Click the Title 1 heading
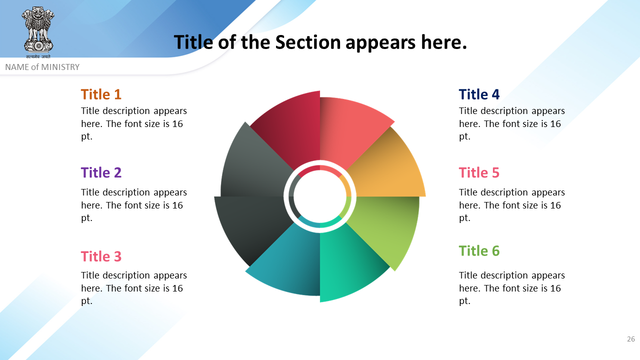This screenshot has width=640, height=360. pos(101,94)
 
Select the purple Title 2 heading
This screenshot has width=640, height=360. pos(101,172)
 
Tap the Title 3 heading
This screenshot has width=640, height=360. pos(101,256)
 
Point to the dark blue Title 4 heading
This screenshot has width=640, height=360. pos(479,94)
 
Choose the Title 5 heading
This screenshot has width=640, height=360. pos(479,172)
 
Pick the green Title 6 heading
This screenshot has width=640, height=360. pos(479,251)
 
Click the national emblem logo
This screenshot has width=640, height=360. pos(38,32)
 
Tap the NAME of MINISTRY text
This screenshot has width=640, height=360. pos(42,67)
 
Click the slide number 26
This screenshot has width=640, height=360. pos(631,339)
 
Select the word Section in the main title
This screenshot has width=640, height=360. pos(307,42)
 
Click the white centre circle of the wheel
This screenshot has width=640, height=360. pos(320,196)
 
